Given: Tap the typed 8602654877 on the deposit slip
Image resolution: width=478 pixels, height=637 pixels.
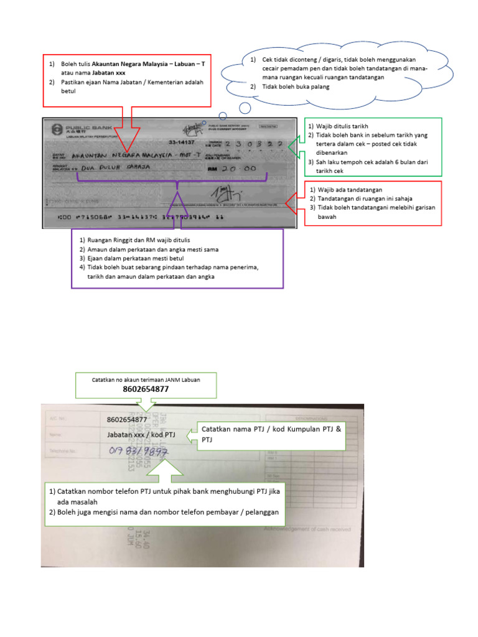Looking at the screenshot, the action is [127, 419].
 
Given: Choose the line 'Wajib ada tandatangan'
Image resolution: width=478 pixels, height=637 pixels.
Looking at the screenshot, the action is [349, 189].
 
